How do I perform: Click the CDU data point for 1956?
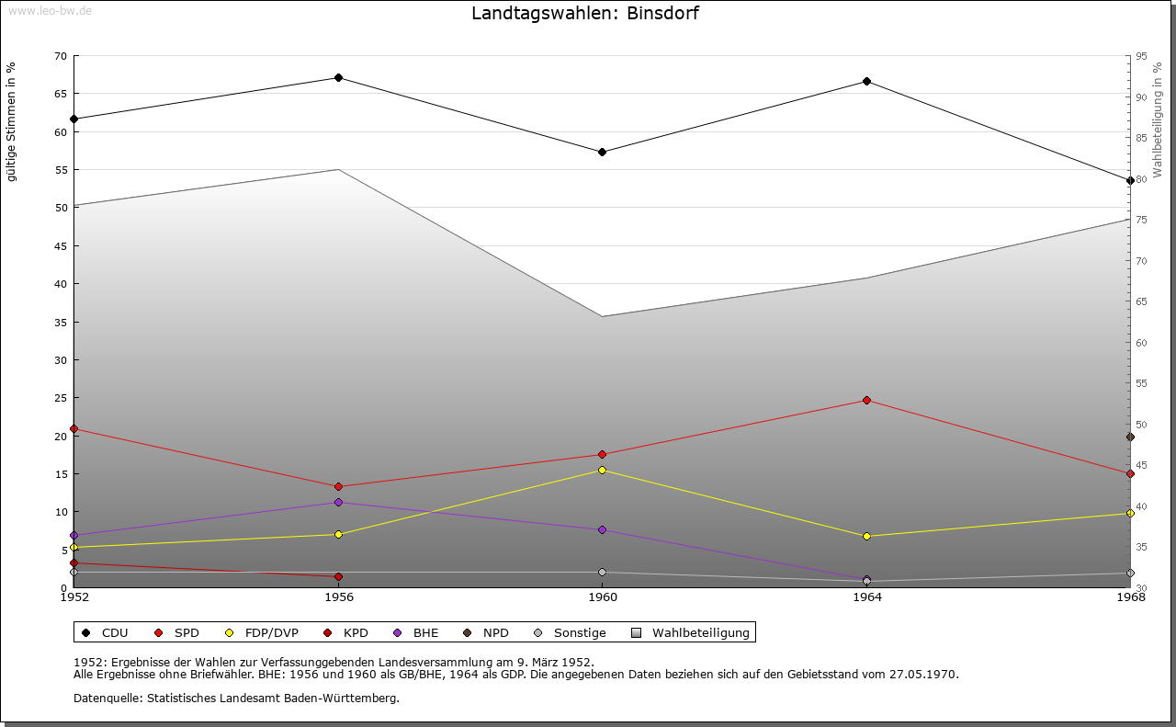click(339, 77)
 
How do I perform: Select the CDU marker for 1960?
click(602, 152)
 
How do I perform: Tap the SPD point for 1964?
click(866, 400)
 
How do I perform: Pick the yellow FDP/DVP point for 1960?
click(602, 470)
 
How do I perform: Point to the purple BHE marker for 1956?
click(339, 502)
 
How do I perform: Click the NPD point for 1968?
click(1130, 437)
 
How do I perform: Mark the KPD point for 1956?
click(339, 576)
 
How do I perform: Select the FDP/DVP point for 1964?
click(866, 536)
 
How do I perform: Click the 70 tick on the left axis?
click(61, 56)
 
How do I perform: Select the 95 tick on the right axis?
click(1141, 56)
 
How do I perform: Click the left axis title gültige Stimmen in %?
click(12, 121)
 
